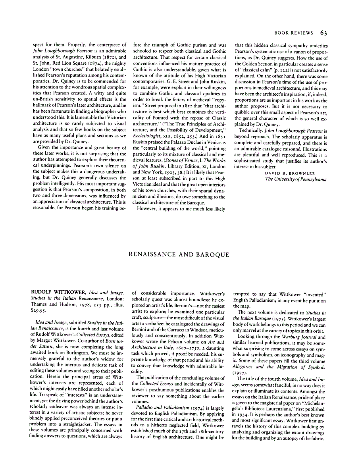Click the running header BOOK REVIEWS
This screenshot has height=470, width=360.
[293, 33]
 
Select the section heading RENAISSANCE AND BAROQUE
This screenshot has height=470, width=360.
[179, 254]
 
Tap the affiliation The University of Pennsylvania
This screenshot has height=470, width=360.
[296, 179]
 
